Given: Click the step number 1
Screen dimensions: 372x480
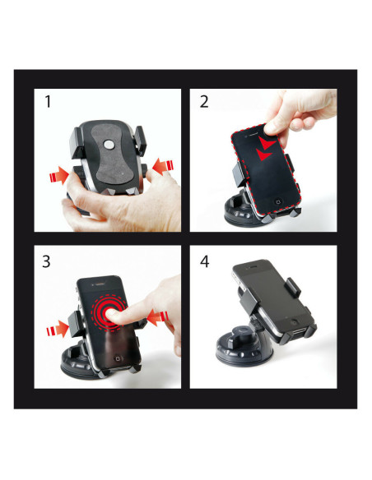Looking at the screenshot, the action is click(48, 102).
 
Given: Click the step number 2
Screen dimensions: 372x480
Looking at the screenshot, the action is click(204, 102).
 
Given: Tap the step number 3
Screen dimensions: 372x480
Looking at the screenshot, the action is click(47, 262).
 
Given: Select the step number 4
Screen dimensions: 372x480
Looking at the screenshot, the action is click(205, 262).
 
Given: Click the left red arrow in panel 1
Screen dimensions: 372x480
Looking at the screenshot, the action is click(59, 175).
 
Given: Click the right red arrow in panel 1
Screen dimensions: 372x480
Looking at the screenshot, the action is click(163, 167).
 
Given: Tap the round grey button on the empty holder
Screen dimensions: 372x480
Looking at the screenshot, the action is click(108, 144).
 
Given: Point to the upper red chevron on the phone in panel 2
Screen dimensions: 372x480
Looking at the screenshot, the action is click(267, 142).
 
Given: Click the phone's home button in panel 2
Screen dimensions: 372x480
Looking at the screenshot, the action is click(278, 201).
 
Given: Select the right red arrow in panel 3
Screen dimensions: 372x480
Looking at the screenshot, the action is click(158, 318).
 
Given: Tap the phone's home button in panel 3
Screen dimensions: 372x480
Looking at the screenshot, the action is click(118, 359).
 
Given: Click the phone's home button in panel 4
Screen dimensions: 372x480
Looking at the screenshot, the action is click(295, 321).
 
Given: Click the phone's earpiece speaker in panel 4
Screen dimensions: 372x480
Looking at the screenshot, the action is click(252, 266).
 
